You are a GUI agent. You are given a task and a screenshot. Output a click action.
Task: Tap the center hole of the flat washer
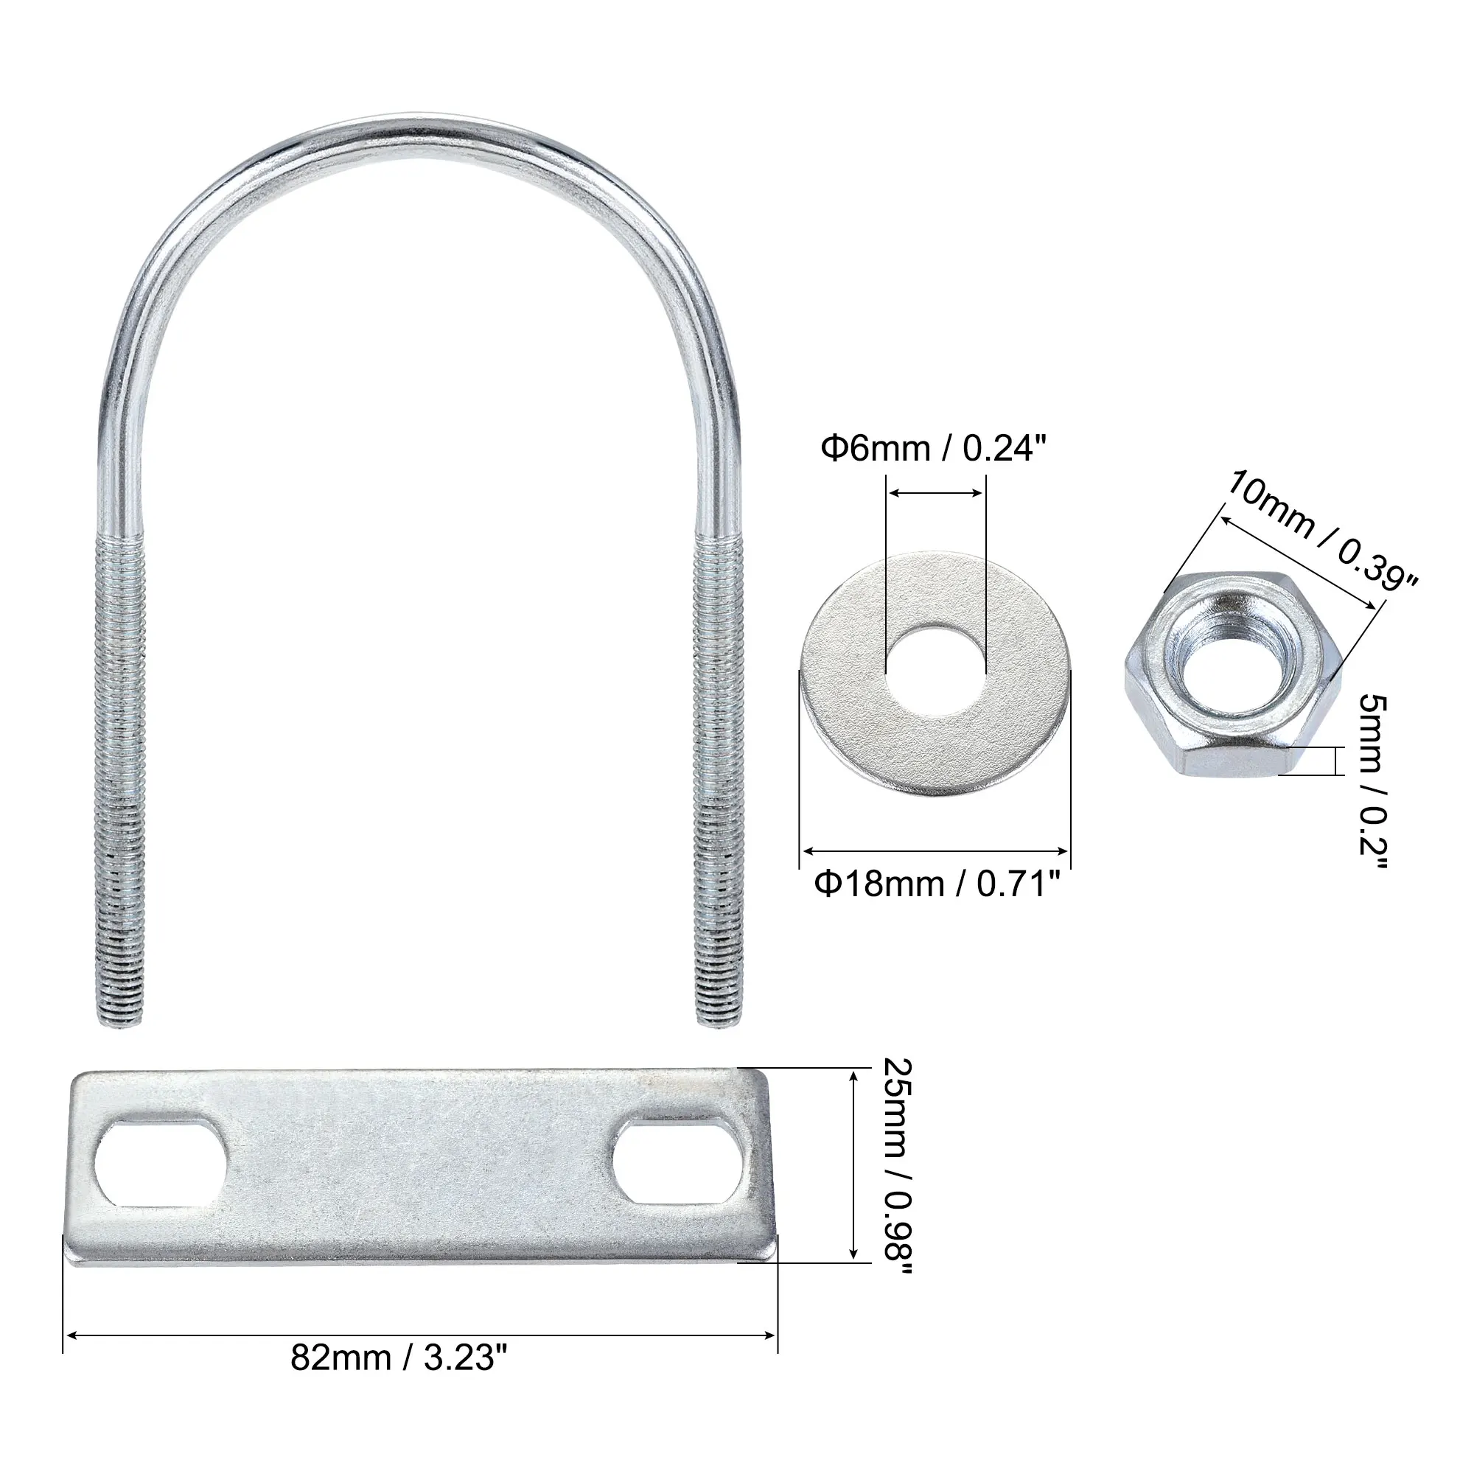(x=935, y=671)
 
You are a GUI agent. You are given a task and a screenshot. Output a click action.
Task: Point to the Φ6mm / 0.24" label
(x=931, y=449)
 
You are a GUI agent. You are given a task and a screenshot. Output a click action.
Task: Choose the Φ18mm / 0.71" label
(x=937, y=885)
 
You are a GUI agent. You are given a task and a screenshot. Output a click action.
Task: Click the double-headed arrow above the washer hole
(x=935, y=494)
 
